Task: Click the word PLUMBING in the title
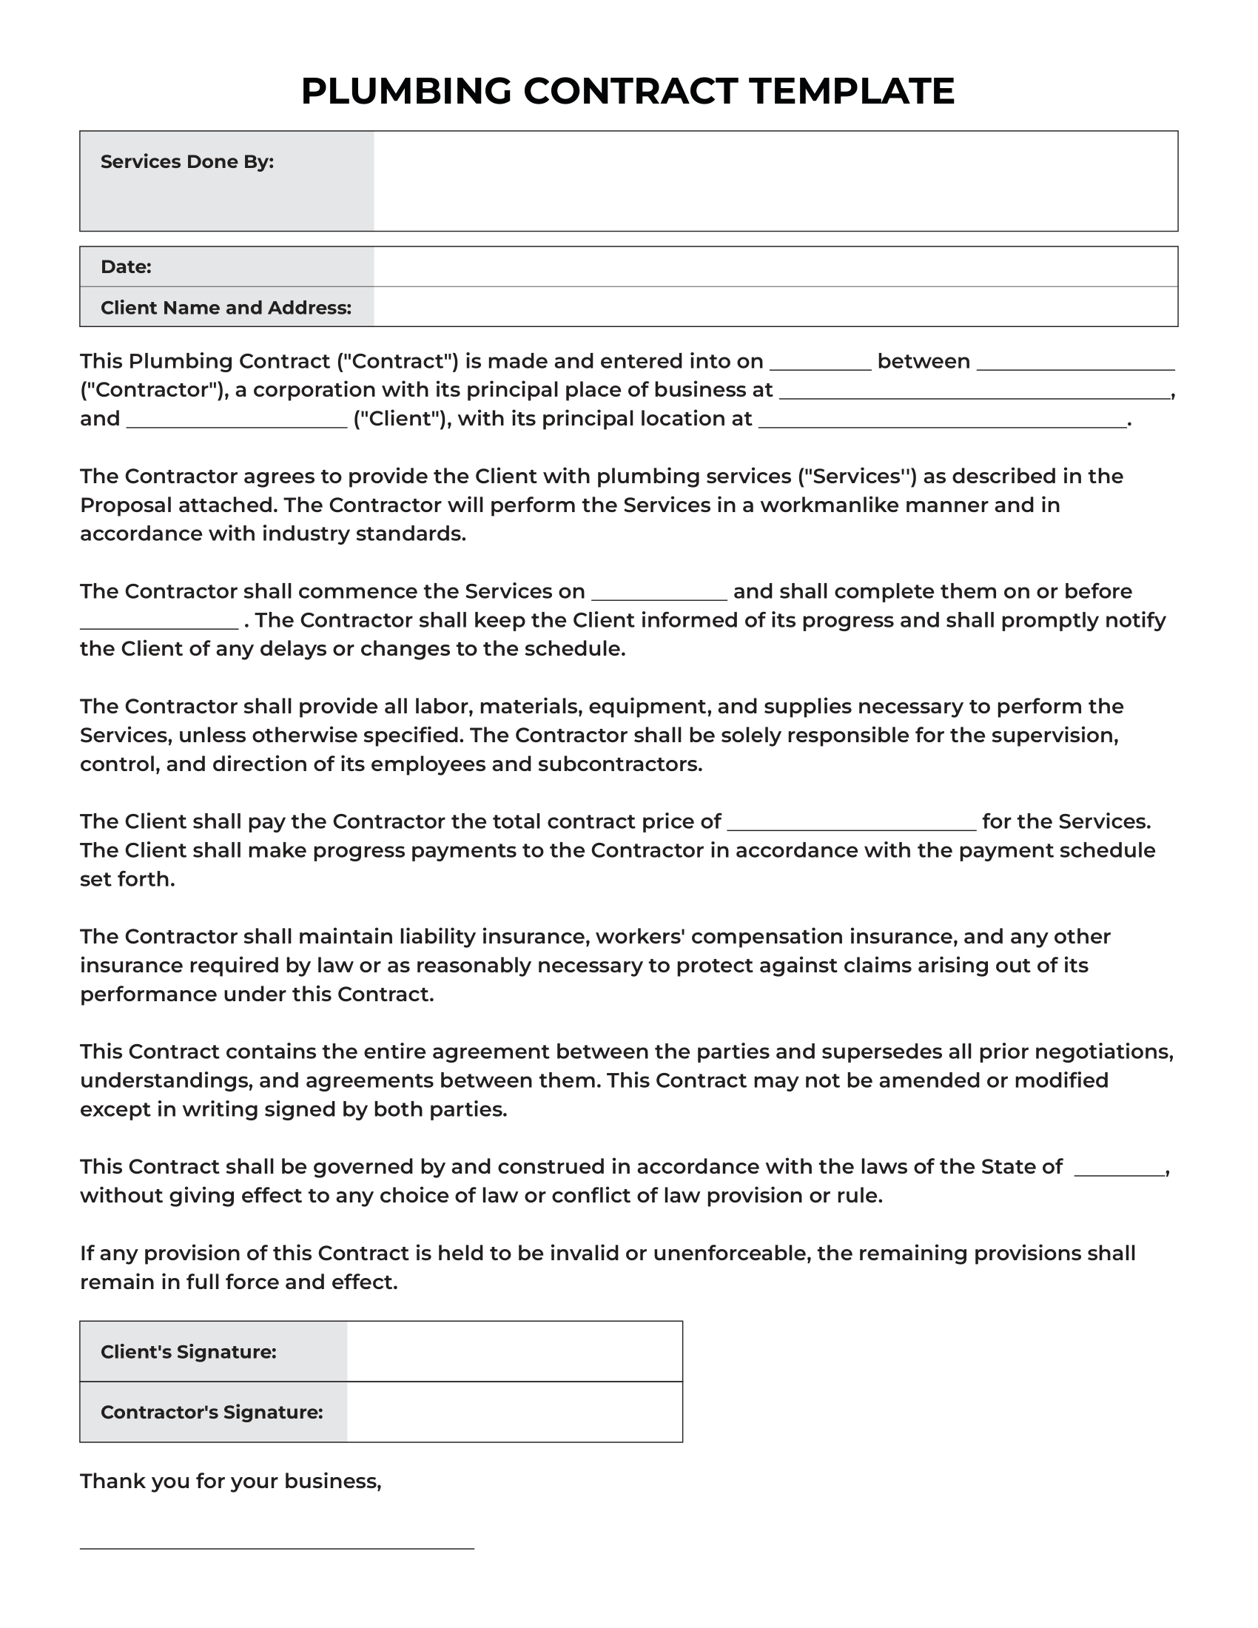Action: click(406, 91)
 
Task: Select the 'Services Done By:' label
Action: click(187, 162)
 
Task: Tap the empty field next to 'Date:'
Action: click(775, 267)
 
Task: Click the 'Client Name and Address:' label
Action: click(226, 308)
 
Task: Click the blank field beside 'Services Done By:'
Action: click(775, 181)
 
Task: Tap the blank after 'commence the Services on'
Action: click(659, 594)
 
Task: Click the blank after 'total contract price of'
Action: click(851, 824)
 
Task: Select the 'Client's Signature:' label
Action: click(189, 1352)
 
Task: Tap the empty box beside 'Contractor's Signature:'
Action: click(514, 1413)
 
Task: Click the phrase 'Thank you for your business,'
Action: click(230, 1481)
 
